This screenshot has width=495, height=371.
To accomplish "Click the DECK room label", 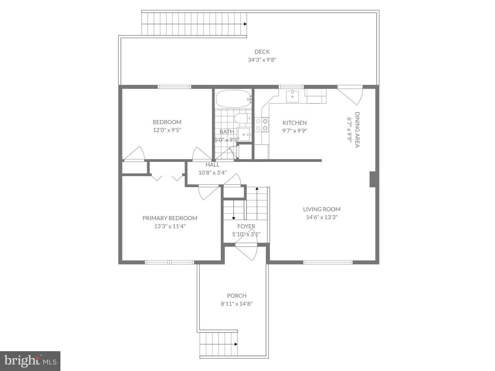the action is point(262,52).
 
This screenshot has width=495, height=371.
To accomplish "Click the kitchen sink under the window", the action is point(293,97).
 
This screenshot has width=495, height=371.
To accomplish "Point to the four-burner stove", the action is point(262,125).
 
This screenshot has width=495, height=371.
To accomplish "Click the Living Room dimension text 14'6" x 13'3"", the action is point(322,217).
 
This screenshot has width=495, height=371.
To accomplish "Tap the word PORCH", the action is point(236,295).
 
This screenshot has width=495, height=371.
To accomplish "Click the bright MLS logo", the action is point(30,361).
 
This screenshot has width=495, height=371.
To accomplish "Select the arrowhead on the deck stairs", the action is point(245,24).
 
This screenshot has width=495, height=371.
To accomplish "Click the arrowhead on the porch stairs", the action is point(236,350).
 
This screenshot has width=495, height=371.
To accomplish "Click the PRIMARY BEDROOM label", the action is point(170,218).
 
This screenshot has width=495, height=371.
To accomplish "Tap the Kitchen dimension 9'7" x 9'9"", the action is point(295,131).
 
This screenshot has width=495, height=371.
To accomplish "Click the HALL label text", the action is point(212,165).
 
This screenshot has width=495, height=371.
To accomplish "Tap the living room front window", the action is point(328,262).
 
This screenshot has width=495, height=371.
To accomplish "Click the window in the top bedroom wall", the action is point(174,87).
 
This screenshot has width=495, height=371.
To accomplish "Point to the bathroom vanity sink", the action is point(244,134).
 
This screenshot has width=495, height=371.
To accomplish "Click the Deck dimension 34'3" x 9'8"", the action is point(262,60).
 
